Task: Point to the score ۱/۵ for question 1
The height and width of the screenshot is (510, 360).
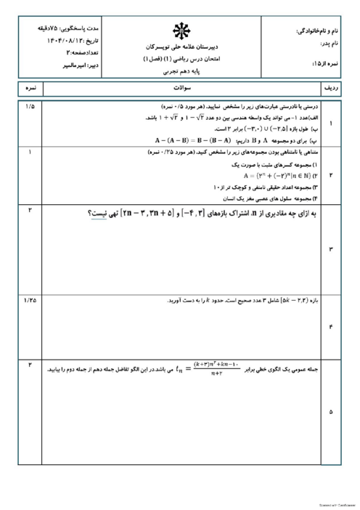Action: [x=30, y=108]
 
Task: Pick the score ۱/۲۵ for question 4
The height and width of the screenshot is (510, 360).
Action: [x=30, y=299]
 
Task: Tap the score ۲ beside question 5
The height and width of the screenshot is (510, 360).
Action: [x=30, y=363]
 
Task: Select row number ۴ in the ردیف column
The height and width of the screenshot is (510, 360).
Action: [x=332, y=327]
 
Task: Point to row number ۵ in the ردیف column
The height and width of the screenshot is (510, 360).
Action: [x=332, y=411]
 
